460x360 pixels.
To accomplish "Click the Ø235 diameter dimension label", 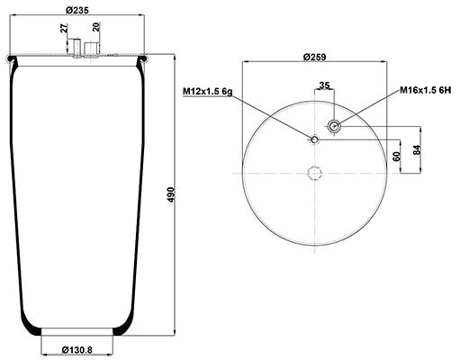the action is [77, 10].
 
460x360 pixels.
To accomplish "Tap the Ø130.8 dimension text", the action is [77, 350].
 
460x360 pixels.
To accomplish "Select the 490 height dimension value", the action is [171, 194].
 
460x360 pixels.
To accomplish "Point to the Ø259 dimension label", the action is [314, 57].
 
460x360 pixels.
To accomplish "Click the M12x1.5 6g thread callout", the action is [208, 92].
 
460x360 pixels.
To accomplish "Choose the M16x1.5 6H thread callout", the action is [426, 90].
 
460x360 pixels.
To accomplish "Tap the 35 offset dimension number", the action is [324, 85].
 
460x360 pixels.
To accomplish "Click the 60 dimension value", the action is [397, 157].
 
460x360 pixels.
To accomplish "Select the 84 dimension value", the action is [417, 149].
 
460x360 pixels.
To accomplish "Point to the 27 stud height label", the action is [64, 29].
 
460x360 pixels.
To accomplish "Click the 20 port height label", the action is [96, 27].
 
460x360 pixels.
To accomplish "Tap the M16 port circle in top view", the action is [333, 127].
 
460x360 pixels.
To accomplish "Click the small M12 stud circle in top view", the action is [314, 139].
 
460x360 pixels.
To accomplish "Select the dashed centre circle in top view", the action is [315, 166].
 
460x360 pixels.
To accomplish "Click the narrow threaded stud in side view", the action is [77, 48].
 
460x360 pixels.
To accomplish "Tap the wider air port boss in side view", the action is [91, 50].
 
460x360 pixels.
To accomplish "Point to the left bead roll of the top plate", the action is [12, 59].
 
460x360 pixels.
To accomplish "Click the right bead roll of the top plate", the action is [142, 59].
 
